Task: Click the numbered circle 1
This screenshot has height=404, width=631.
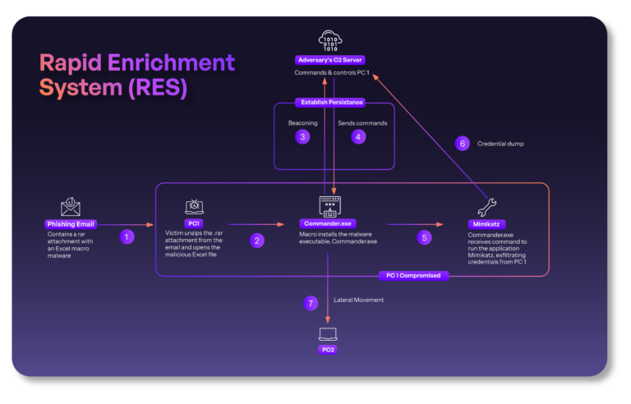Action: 127,236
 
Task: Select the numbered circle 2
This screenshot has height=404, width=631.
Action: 258,240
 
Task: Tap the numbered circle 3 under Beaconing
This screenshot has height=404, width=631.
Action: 303,137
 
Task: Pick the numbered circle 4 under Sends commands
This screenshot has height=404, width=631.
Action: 358,137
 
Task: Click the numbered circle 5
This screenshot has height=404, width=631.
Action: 424,237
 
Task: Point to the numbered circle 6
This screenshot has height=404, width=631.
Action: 463,143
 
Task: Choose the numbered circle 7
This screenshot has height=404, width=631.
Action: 311,303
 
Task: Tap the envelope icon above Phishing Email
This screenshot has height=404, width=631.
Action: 71,206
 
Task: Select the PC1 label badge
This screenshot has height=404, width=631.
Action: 195,223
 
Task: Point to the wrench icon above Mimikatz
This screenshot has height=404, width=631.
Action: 487,207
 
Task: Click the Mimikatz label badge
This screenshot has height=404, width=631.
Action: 487,223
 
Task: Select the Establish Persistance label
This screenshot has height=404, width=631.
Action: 329,103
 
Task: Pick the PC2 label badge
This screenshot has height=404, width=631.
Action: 329,350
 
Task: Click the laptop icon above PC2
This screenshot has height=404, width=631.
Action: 329,334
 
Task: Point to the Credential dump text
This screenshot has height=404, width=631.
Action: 500,143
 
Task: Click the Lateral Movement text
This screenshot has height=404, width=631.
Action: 358,301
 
